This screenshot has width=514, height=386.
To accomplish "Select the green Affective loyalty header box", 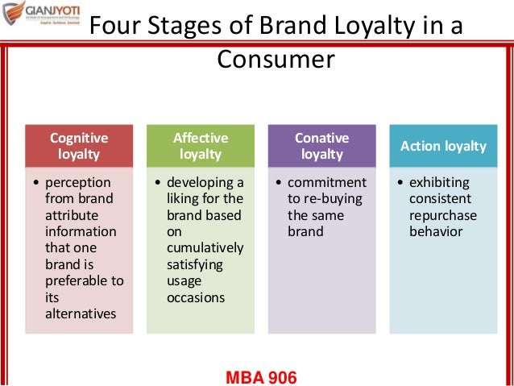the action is [201, 146].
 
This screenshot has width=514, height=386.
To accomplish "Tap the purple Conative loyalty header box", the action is [321, 146].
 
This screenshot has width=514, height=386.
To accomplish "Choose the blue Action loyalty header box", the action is [443, 146].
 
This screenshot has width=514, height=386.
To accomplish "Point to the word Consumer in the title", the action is [275, 60].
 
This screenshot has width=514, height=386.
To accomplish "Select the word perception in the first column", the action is [79, 182].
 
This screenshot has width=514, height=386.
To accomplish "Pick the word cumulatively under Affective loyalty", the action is [202, 248].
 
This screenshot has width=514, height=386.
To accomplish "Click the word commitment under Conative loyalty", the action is [326, 182].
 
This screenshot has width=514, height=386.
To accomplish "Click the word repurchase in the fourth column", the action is [443, 215].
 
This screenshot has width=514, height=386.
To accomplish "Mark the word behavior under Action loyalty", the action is [437, 231].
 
